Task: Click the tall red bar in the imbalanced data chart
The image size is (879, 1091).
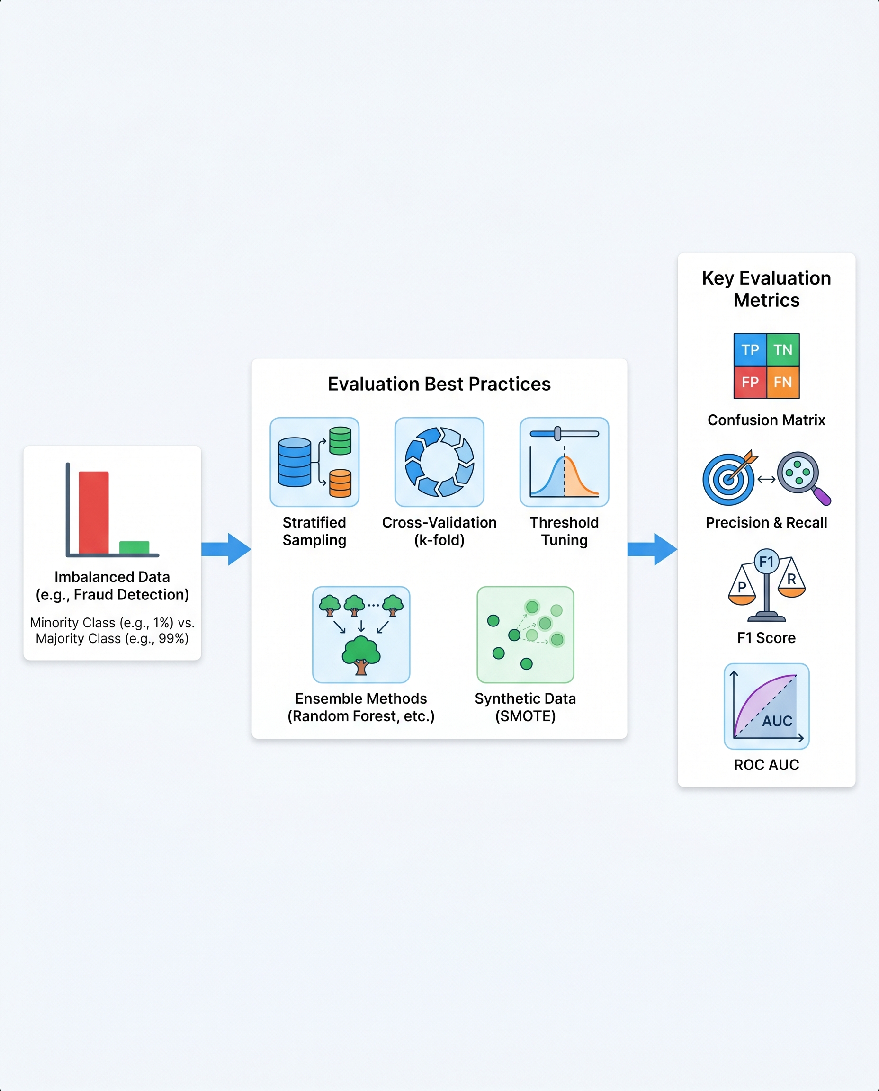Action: (x=94, y=512)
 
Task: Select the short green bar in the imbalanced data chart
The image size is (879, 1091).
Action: (x=134, y=547)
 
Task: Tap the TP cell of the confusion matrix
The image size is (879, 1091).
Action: (x=750, y=349)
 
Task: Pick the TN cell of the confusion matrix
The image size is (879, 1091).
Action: (x=783, y=349)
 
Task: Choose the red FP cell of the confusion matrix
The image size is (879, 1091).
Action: (x=750, y=382)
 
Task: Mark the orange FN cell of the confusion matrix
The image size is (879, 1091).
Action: (x=783, y=382)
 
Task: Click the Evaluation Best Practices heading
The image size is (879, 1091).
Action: (x=439, y=384)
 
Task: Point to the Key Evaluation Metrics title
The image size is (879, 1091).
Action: (x=766, y=289)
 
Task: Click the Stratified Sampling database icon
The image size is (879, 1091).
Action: (x=314, y=462)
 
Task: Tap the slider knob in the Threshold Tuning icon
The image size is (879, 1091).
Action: (x=557, y=433)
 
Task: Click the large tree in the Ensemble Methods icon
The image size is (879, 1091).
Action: (x=361, y=655)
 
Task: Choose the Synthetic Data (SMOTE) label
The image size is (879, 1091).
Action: (x=525, y=707)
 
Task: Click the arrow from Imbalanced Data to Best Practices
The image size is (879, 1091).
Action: (x=226, y=549)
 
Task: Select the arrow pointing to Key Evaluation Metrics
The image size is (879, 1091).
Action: (x=652, y=549)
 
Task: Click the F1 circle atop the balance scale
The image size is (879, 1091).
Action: (x=766, y=562)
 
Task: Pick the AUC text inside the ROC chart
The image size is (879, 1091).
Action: (x=777, y=721)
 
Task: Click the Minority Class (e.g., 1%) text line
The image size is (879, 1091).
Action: (x=112, y=622)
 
